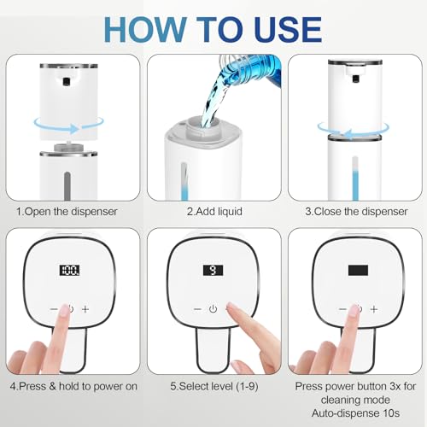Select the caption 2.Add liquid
(213, 209)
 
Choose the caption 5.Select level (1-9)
(213, 385)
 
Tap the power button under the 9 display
(213, 308)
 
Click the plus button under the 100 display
(85, 308)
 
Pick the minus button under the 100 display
(54, 308)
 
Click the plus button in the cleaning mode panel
(372, 308)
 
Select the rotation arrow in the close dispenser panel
(357, 128)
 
